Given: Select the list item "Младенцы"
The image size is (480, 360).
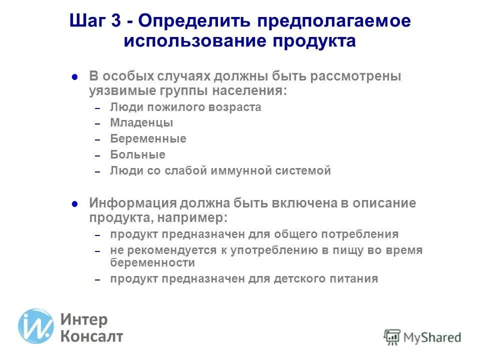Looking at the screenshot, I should (141, 123).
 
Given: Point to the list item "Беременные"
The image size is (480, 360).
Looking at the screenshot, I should (148, 139).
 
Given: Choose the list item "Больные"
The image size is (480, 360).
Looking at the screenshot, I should (137, 155).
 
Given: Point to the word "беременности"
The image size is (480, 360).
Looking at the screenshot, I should (152, 263).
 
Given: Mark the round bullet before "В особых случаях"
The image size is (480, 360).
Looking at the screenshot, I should (74, 78).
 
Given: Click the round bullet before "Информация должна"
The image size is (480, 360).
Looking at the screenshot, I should (74, 204).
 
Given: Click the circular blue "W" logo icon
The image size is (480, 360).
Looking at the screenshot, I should (35, 326).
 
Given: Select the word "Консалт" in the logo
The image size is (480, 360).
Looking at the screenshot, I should (91, 336).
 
